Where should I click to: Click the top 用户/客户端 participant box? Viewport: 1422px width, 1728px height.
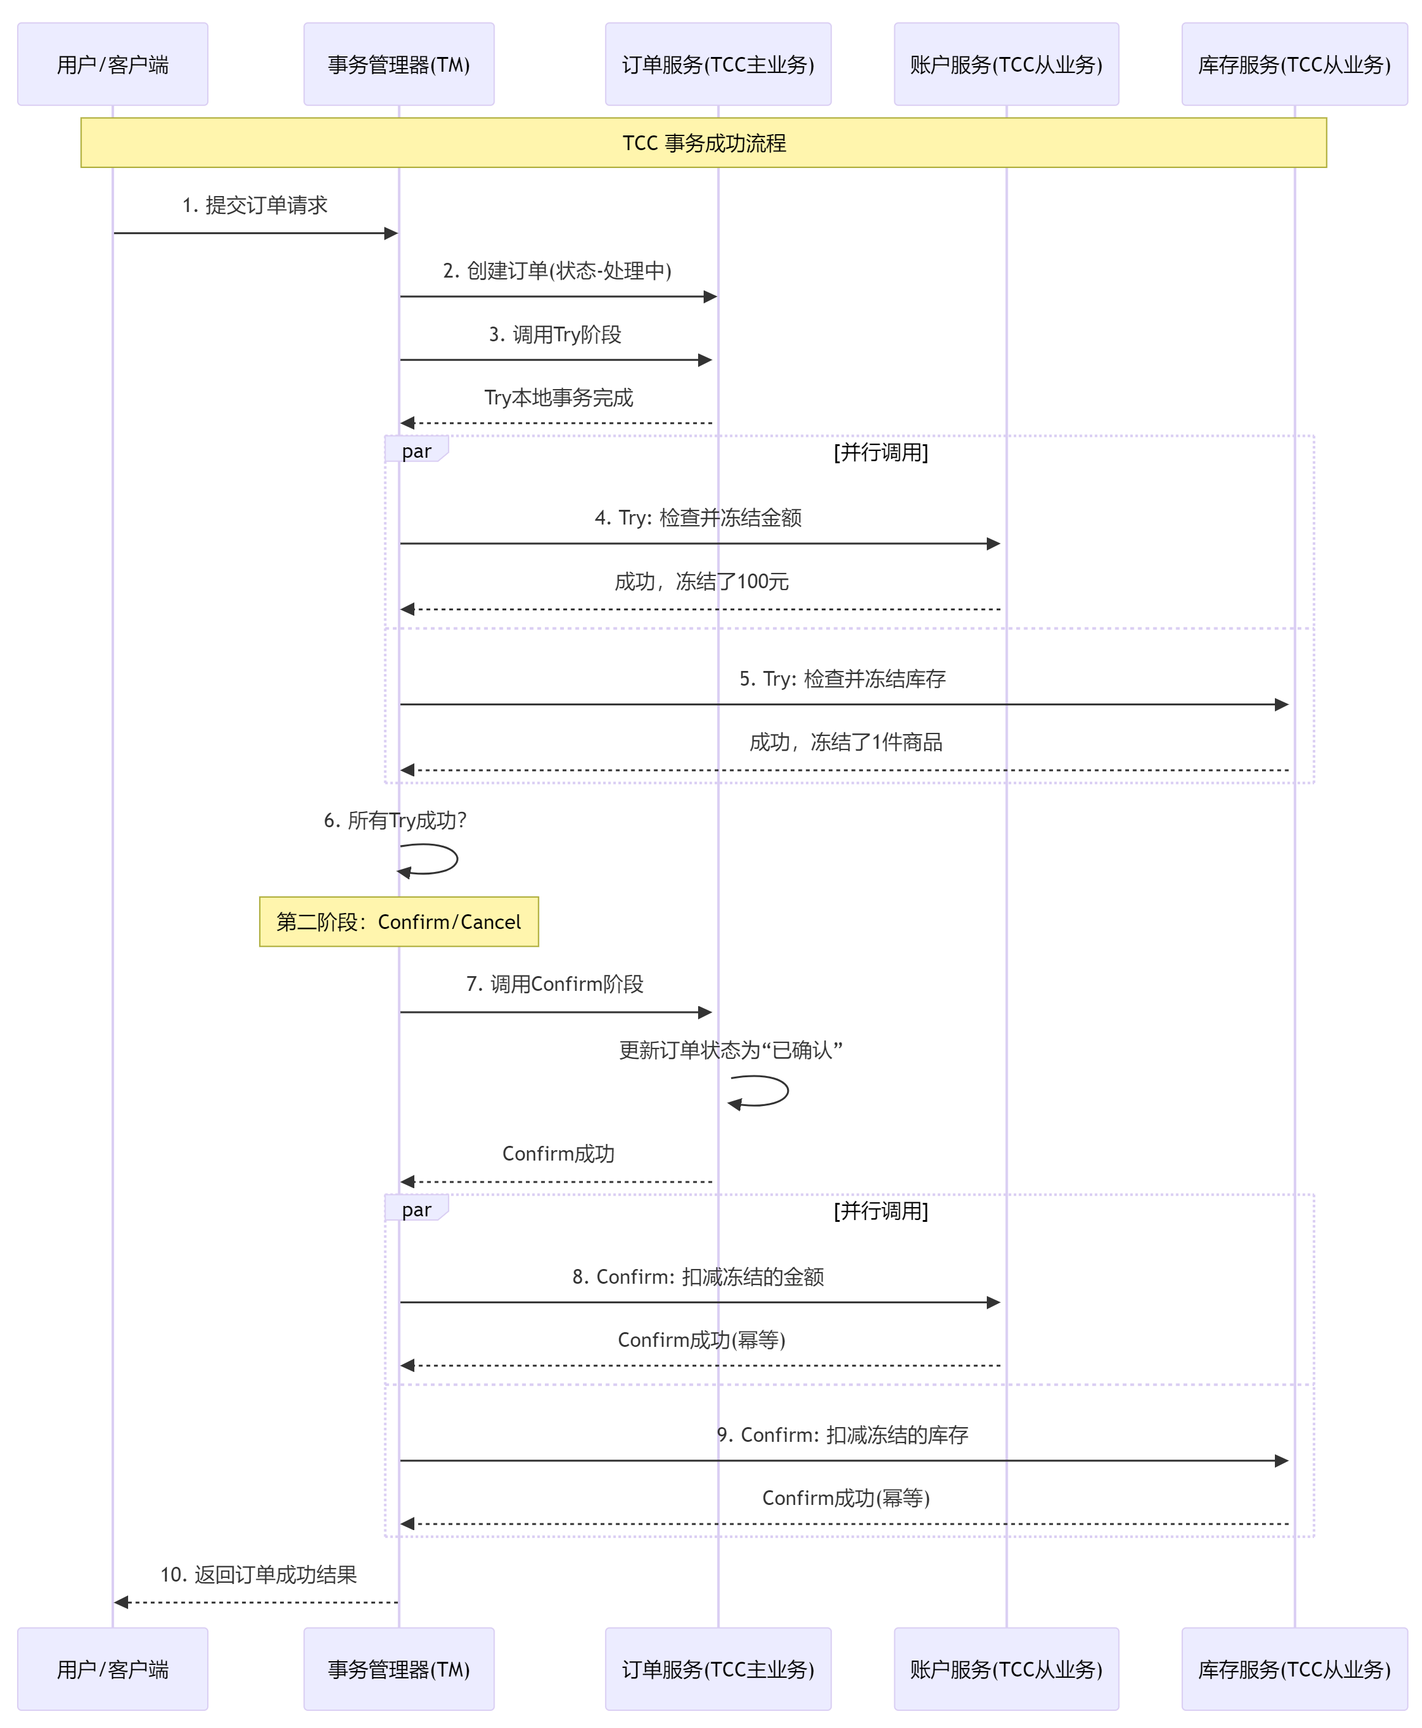[112, 64]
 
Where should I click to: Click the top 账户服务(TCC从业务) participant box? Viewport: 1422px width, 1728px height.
[1006, 64]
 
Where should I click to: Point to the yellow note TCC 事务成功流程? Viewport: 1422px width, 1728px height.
[703, 143]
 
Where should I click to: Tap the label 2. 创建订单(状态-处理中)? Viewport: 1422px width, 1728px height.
[557, 270]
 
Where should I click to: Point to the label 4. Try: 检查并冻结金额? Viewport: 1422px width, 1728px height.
[698, 518]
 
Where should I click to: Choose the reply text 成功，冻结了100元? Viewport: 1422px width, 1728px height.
[701, 582]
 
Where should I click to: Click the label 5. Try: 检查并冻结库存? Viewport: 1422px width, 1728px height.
[842, 678]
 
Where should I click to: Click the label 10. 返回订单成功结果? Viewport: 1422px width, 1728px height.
[258, 1574]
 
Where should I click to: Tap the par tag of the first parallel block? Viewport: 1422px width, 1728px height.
[416, 450]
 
